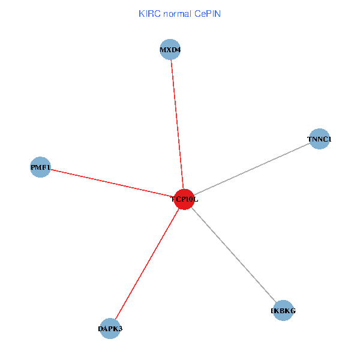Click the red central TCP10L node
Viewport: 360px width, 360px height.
184,200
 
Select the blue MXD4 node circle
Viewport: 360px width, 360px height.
170,49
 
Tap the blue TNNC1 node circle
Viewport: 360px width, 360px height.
319,139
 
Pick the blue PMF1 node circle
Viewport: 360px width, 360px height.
40,167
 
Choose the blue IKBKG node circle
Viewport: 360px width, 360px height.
283,311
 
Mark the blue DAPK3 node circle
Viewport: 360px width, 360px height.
110,328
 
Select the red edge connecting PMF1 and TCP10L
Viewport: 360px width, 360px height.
111,183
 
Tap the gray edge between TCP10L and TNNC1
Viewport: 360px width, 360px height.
252,169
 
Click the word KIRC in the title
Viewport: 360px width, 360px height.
148,13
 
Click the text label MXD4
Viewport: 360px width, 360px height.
170,49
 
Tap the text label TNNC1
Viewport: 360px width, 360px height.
319,140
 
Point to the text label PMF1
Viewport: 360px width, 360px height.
41,167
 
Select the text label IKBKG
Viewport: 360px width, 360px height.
283,311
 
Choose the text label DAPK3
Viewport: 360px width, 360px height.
110,329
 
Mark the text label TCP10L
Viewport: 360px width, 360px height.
184,199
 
